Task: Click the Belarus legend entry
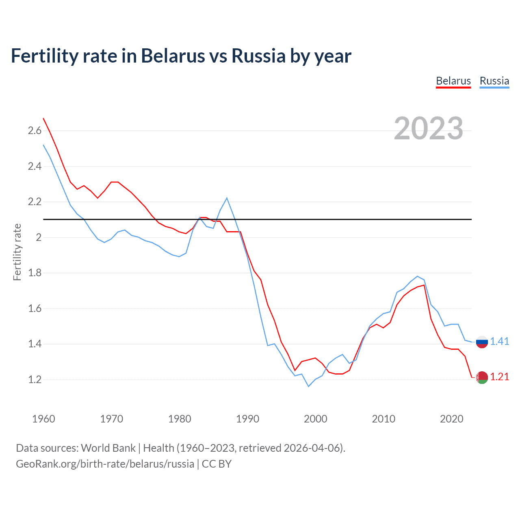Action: point(453,81)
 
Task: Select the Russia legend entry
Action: point(494,81)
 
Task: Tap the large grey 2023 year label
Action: point(429,128)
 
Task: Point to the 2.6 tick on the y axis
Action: point(35,130)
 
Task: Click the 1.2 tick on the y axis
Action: point(35,379)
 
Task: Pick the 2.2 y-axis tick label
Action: point(35,201)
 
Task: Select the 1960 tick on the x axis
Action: point(43,419)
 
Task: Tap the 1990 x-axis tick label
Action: point(247,419)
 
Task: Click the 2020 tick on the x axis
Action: point(451,419)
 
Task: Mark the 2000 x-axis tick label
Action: point(315,419)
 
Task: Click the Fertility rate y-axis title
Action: point(17,252)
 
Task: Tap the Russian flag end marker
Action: point(482,342)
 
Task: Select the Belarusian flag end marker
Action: point(482,377)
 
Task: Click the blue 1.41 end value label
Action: point(499,341)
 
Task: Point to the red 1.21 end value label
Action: point(499,377)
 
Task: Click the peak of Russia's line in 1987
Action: point(227,198)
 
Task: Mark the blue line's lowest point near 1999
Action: point(308,386)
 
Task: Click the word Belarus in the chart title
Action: point(173,56)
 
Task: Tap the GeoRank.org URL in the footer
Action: point(105,464)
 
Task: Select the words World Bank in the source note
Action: point(108,448)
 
